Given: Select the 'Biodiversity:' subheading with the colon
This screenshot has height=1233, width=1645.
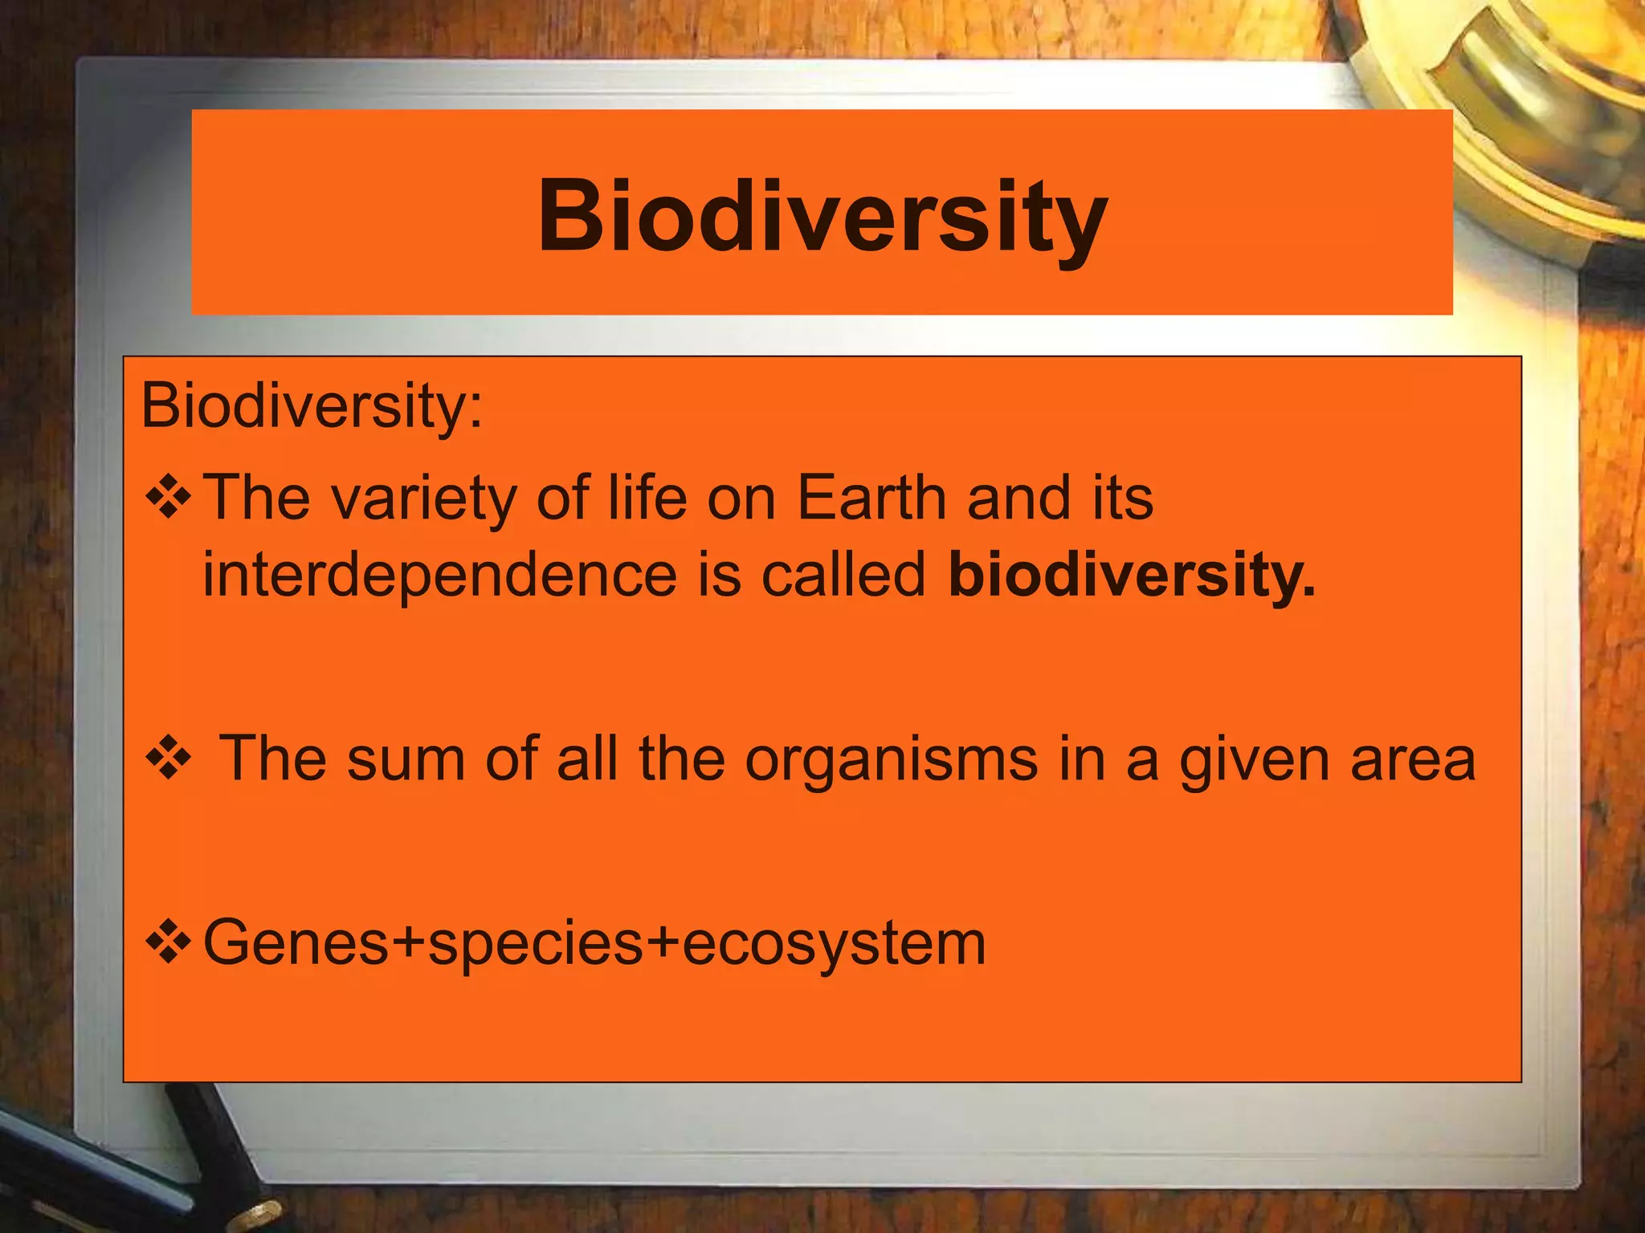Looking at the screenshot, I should tap(312, 406).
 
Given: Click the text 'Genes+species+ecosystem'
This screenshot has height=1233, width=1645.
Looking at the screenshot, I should tap(594, 942).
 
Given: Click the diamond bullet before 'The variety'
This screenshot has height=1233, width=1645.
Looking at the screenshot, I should tap(168, 498).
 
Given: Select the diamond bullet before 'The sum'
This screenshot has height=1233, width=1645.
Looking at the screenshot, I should tap(168, 759).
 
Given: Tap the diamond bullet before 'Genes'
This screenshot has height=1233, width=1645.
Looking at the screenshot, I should tap(168, 942).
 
